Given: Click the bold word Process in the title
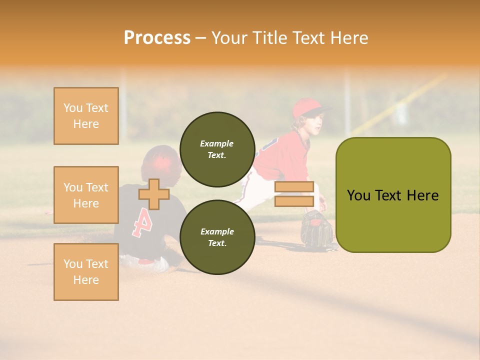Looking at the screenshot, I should click(x=157, y=38).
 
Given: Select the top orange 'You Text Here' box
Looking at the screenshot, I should click(x=86, y=116).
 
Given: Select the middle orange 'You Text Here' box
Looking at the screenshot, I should click(x=86, y=195).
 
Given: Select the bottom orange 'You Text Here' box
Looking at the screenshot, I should click(x=86, y=272).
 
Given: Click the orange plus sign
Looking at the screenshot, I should click(x=154, y=194).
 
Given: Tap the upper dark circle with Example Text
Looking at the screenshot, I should click(x=217, y=149).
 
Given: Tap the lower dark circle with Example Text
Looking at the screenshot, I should click(x=217, y=237).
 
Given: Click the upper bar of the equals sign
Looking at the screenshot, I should click(x=294, y=187).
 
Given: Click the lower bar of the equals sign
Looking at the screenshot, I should click(x=294, y=201).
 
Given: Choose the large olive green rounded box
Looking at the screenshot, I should click(x=393, y=195).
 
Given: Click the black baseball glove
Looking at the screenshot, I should click(x=316, y=229).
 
